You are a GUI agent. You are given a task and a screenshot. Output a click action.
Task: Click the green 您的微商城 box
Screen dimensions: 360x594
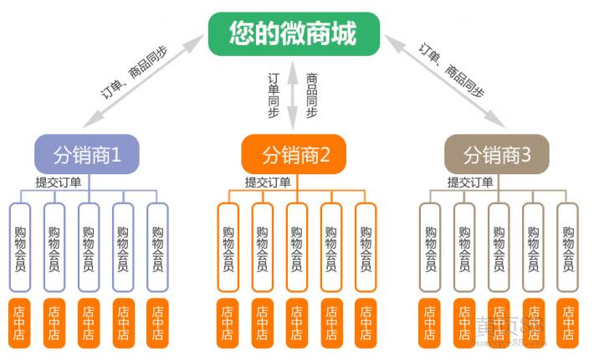point(294,34)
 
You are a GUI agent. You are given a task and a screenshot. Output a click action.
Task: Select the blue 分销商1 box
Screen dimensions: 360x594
point(86,154)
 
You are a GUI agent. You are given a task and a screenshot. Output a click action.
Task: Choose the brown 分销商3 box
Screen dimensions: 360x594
point(497,154)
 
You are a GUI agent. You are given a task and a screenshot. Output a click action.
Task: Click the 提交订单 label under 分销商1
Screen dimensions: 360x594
point(58,183)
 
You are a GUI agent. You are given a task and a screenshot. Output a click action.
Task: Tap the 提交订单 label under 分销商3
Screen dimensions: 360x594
point(469,183)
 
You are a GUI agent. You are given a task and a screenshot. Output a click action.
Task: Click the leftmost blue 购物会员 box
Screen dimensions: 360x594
point(20,248)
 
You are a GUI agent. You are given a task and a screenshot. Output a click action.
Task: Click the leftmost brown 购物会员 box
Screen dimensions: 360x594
point(430,248)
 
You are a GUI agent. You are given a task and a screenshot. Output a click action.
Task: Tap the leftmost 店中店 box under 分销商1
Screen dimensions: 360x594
point(20,322)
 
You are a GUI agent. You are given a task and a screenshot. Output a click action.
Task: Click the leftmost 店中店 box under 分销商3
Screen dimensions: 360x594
point(430,322)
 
